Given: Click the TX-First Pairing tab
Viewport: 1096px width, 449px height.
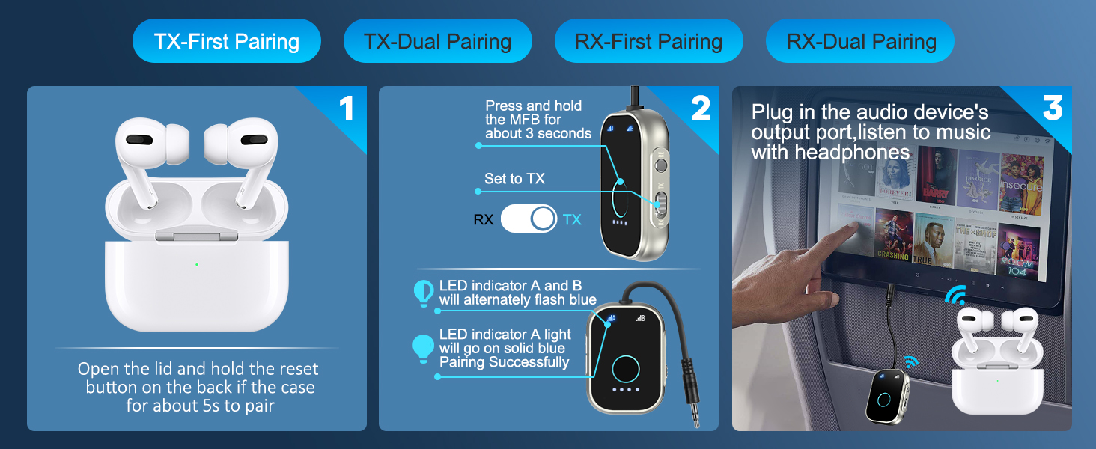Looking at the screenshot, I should tap(226, 41).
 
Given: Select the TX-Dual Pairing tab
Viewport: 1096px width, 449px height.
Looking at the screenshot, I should tap(437, 41).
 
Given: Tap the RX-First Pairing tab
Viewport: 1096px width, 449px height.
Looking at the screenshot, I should tap(648, 41).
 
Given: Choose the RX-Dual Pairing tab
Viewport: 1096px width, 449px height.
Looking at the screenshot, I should tap(861, 41).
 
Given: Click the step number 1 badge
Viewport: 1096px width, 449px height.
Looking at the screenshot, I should tap(346, 109).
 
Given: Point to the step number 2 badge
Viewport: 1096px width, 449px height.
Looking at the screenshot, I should tap(700, 109).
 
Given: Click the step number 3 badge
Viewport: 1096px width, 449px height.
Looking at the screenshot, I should tap(1052, 109).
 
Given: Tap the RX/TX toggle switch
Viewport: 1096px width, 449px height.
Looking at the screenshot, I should tap(529, 219).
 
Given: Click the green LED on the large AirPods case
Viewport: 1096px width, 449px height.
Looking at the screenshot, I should tap(196, 264).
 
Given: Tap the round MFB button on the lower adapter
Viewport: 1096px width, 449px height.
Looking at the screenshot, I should tap(625, 368).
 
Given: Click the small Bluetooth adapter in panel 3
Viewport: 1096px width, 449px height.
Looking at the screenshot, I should tap(885, 397).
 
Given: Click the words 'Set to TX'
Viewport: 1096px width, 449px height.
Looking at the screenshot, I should tap(514, 179).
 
